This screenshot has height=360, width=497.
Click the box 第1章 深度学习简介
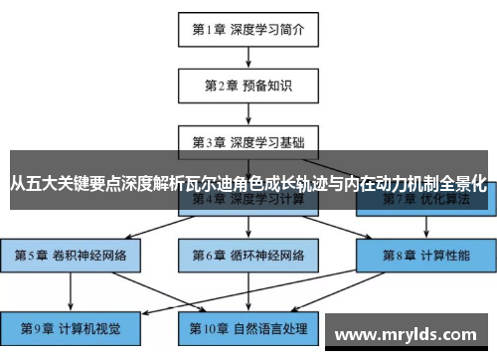[x=248, y=31]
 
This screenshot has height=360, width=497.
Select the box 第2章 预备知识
[x=248, y=86]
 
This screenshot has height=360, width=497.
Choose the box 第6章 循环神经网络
[x=248, y=255]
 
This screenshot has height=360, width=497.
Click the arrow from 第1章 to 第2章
[x=248, y=58]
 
